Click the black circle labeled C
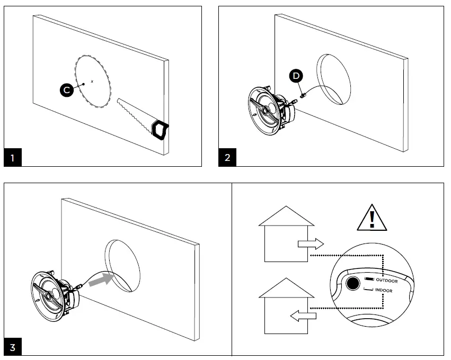[66, 90]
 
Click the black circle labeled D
[296, 76]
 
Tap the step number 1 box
[13, 158]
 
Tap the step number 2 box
[228, 158]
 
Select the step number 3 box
[13, 347]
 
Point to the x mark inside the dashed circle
[92, 81]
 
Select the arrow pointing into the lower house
[304, 316]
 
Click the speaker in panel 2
[267, 110]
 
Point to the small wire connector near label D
[304, 96]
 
